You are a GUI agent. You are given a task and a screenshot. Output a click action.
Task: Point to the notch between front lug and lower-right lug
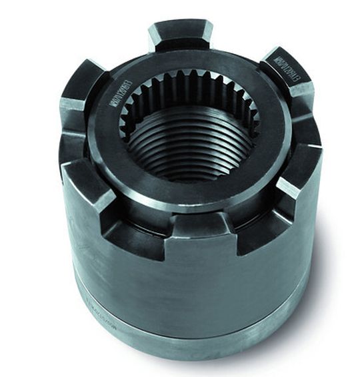coord(257,226)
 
